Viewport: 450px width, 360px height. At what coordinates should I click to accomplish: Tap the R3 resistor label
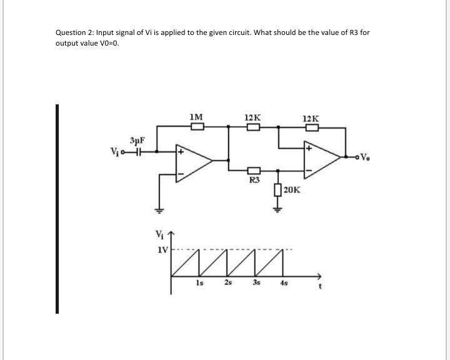254,181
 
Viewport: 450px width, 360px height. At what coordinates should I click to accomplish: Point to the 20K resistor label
292,189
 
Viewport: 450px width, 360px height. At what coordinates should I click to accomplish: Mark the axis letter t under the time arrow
321,289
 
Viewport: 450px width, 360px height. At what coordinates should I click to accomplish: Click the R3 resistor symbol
254,170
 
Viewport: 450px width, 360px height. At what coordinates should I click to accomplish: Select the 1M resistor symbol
197,126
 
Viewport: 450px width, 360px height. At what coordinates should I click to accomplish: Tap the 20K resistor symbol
277,189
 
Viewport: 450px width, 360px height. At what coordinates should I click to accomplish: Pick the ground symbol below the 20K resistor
277,210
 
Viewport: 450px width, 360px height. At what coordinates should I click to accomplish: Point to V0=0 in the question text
106,44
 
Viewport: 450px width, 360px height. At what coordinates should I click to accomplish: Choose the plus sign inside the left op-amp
181,151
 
